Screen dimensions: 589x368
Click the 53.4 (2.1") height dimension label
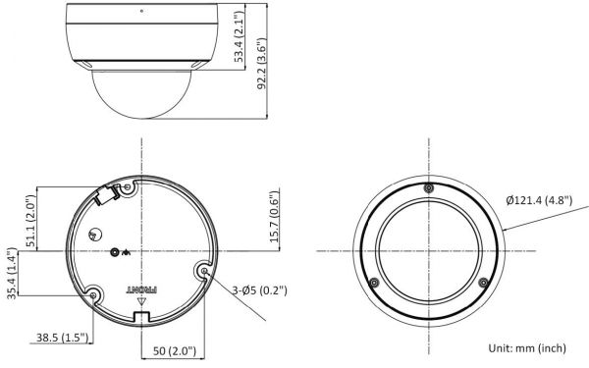[239, 36]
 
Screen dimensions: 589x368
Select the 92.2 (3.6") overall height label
[261, 63]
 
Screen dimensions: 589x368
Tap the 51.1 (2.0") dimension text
[31, 221]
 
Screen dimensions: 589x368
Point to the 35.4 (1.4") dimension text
[12, 273]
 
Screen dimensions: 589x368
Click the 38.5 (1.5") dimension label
[62, 338]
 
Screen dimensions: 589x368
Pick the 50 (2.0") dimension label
[175, 351]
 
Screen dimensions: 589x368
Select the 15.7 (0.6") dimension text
[275, 216]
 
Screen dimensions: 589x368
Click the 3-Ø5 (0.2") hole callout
[259, 290]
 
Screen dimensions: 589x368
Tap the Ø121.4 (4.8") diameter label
[539, 200]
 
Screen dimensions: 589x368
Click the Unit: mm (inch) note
[527, 348]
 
